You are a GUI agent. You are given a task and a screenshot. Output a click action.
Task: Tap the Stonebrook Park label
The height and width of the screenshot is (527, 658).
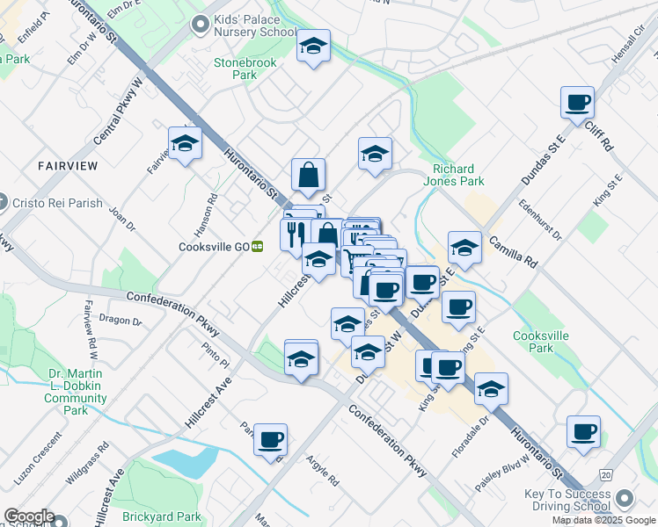(x=235, y=69)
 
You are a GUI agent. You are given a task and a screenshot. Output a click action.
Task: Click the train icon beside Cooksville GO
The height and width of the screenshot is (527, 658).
(x=258, y=248)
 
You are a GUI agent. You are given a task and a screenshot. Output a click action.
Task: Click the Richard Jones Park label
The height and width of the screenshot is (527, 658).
(x=458, y=175)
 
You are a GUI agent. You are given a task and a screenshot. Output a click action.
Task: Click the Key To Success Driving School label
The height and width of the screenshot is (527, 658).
(x=567, y=501)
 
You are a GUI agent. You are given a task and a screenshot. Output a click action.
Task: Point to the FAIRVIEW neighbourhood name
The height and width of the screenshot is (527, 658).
(x=67, y=165)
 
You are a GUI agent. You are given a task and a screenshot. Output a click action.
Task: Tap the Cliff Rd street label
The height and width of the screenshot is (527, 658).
(x=598, y=136)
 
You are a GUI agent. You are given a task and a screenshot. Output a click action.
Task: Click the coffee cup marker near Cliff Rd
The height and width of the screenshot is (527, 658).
(x=578, y=103)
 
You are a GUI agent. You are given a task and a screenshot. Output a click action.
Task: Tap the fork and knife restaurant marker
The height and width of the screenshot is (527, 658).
(x=293, y=234)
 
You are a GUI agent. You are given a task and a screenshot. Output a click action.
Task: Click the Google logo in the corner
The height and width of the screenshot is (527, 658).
(x=29, y=516)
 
